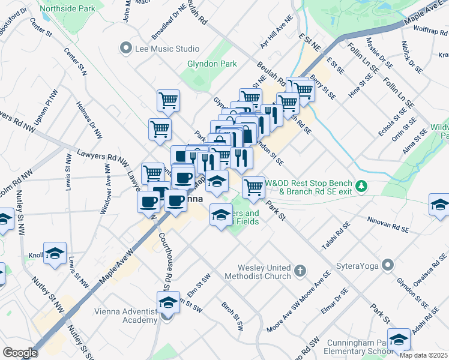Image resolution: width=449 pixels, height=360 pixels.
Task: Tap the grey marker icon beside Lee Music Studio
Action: click(x=125, y=48)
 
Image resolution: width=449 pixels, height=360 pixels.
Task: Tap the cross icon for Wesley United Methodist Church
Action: click(x=301, y=272)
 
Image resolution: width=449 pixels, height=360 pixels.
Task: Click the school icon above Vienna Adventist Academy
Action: click(x=168, y=302)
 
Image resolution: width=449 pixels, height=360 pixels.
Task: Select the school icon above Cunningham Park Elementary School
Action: click(x=399, y=340)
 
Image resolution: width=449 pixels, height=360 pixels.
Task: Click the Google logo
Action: click(x=19, y=352)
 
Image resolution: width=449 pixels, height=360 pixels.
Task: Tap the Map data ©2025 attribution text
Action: click(x=423, y=355)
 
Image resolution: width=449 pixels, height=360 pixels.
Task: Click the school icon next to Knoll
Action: click(x=55, y=253)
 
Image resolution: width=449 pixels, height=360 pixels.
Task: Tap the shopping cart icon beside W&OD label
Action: click(x=254, y=187)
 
